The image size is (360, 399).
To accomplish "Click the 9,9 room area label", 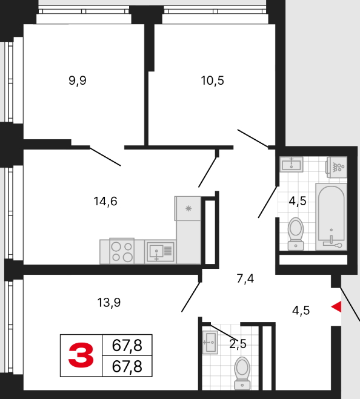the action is [78, 81].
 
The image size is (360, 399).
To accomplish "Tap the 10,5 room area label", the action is [212, 81].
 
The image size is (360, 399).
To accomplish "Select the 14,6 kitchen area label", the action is [105, 201].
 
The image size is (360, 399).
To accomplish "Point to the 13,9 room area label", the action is [109, 303].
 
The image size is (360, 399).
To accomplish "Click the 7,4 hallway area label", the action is [245, 279].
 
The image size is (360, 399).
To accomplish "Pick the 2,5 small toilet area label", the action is [238, 344].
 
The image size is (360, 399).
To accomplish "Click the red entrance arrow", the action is [336, 306].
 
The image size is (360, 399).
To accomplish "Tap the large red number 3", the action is [81, 355].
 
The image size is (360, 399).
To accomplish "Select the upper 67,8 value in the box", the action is [127, 345].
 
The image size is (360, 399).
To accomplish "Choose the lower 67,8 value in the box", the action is [127, 366].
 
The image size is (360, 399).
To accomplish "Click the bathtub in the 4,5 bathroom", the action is [331, 217].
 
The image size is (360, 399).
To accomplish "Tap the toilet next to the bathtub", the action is [296, 234].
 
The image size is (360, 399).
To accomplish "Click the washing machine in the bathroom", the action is [337, 167].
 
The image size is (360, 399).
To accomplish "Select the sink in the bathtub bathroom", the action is [291, 164].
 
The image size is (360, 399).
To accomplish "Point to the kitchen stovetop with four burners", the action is [122, 251].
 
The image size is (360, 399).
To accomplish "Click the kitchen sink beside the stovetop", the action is [160, 252].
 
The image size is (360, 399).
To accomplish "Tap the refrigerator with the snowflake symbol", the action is [188, 208].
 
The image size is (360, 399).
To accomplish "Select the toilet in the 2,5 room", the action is [242, 373].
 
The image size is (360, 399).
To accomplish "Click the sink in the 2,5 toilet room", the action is [210, 342].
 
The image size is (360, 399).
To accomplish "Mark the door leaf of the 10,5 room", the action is [253, 139].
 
